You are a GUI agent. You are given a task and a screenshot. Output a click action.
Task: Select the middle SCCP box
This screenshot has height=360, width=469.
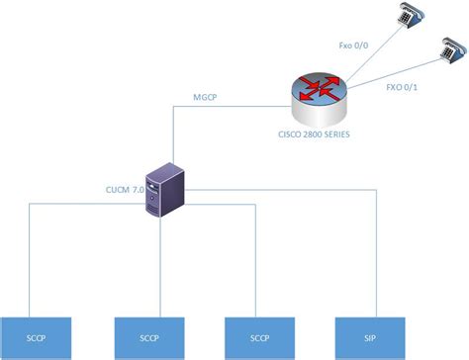click(x=150, y=335)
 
